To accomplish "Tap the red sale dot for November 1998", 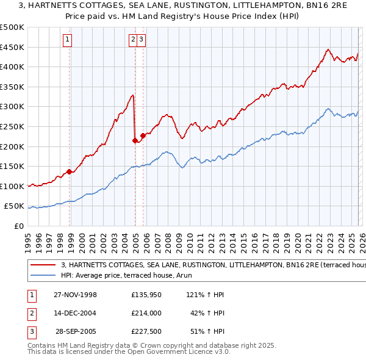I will pyautogui.click(x=70, y=171).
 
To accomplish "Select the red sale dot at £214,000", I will pyautogui.click(x=135, y=140).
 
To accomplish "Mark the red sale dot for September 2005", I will pyautogui.click(x=143, y=135).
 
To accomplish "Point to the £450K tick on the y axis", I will pyautogui.click(x=12, y=47).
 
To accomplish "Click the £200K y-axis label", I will pyautogui.click(x=12, y=146).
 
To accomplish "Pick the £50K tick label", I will pyautogui.click(x=14, y=206).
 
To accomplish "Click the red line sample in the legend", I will pyautogui.click(x=43, y=265).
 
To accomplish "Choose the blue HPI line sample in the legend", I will pyautogui.click(x=43, y=275).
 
